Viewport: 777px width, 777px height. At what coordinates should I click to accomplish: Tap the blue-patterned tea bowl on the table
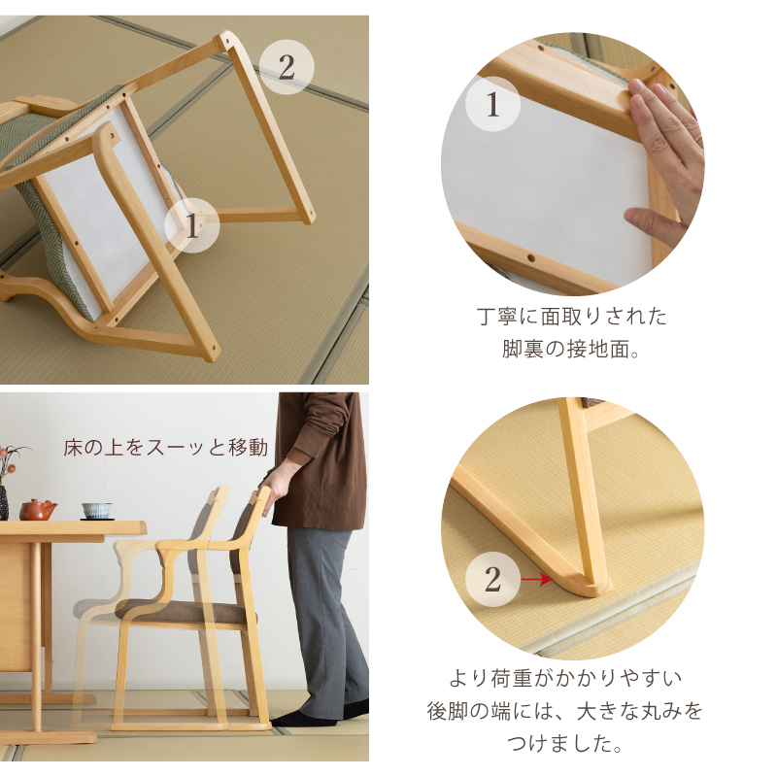click(97, 511)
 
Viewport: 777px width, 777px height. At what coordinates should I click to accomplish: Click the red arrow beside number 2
click(537, 579)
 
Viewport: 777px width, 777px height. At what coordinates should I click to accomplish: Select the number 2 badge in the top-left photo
click(287, 67)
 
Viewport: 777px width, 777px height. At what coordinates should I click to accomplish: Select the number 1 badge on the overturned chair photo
click(191, 225)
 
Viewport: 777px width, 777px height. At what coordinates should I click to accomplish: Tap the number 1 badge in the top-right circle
click(492, 104)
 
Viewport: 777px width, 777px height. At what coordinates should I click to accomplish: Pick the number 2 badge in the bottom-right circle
click(492, 579)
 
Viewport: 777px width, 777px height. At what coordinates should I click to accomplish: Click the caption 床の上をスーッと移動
click(165, 447)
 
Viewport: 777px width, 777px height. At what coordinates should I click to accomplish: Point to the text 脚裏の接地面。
click(571, 349)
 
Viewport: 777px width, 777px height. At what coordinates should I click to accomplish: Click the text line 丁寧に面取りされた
click(572, 317)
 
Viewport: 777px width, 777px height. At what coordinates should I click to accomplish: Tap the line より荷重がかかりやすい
click(565, 678)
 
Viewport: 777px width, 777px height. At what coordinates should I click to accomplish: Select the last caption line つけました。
click(564, 743)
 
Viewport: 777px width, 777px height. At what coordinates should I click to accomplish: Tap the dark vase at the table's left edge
click(4, 502)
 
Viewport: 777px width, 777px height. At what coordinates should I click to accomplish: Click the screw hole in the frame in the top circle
click(531, 258)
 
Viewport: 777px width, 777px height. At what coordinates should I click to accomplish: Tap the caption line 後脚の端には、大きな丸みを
click(565, 711)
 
